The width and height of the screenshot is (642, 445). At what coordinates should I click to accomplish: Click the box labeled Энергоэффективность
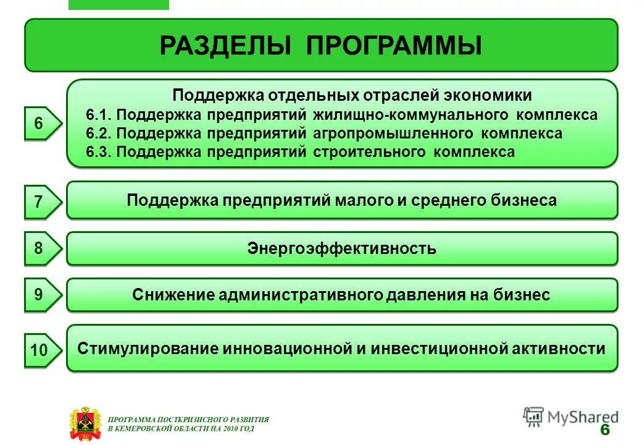(341, 249)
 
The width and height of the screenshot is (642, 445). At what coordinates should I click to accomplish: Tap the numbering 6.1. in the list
(99, 115)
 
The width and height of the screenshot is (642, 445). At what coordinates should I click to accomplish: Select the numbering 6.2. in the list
(99, 133)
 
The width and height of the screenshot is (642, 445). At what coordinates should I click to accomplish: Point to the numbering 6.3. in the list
(99, 152)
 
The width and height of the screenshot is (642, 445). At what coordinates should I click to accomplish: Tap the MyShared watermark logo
(570, 417)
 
